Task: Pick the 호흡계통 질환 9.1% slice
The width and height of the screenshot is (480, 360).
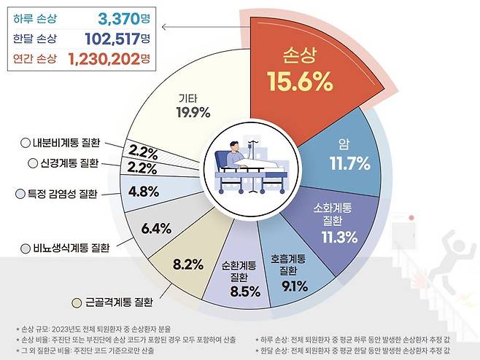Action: click(288, 270)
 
